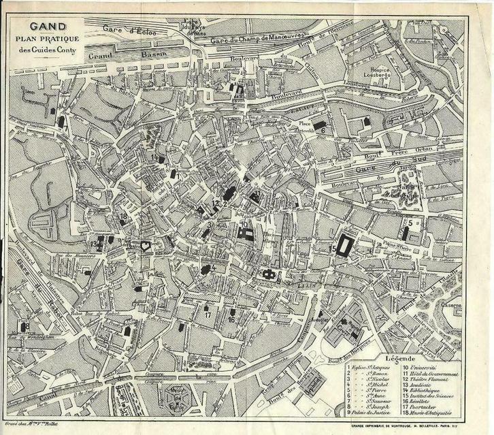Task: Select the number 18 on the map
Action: pos(123,217)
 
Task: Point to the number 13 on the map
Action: pos(93,243)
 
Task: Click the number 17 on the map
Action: pos(207,315)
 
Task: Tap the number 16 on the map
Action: pos(231,319)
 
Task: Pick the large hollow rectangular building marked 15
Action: pos(345,245)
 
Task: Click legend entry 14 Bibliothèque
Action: pos(435,390)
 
